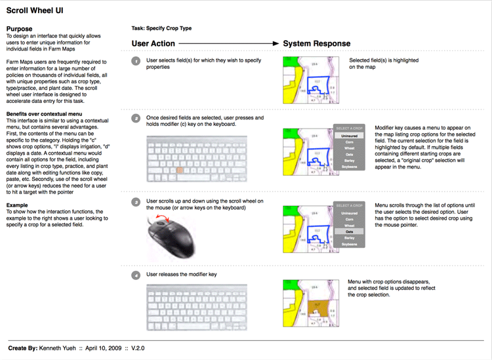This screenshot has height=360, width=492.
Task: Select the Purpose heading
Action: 19,30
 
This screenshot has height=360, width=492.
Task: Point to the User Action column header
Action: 154,43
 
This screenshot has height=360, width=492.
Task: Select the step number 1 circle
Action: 136,61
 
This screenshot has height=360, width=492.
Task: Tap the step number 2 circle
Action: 136,119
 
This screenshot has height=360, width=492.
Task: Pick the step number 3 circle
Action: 136,201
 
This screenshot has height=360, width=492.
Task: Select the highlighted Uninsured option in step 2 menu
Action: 349,136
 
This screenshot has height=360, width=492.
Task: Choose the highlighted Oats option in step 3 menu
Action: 349,231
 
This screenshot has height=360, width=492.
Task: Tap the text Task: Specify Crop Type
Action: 161,30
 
